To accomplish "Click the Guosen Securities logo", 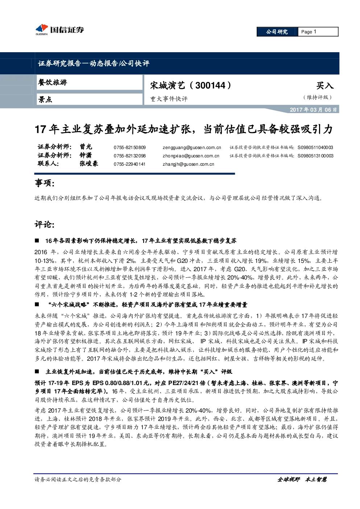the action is pos(60,29).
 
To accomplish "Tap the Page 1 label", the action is pos(309,32).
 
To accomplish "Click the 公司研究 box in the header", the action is pos(277,32).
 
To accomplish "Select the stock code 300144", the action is pos(210,86).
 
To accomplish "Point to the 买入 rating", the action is pos(325,86).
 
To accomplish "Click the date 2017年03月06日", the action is pos(313,110).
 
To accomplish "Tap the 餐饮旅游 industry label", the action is pos(53,82).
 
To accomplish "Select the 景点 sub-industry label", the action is pos(45,99).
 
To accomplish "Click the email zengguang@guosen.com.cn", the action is pos(192,148).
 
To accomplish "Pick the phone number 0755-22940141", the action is pos(129,164).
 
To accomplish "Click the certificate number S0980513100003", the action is pos(315,156).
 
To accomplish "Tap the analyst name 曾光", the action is pos(86,147).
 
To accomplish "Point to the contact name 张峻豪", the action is pos(89,164).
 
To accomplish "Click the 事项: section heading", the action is pos(45,183).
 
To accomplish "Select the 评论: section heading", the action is pos(45,224).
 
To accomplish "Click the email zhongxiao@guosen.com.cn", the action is pos(191,156).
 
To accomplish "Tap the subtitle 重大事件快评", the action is pos(169,99).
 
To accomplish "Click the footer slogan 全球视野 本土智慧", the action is pos(302,479).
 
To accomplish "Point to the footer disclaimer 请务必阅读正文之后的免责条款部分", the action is pos(78,480).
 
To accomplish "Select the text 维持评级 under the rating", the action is pos(317,97).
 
